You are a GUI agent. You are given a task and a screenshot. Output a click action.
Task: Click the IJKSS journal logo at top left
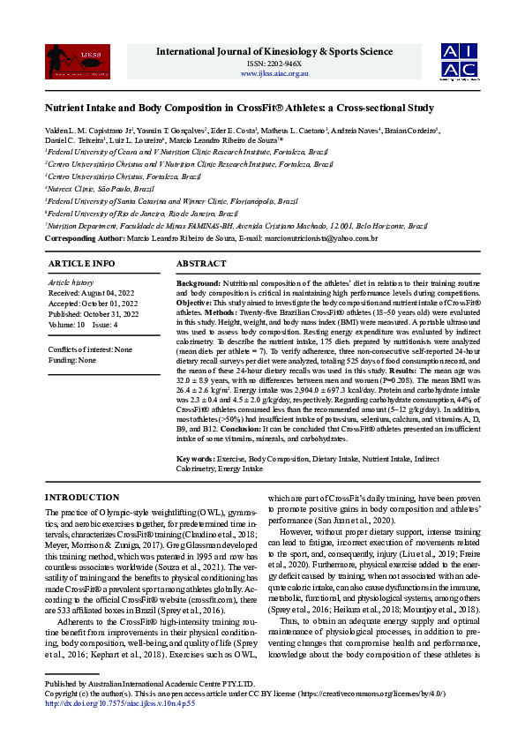coord(65,61)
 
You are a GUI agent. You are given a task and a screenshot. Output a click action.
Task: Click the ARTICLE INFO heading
coord(81,264)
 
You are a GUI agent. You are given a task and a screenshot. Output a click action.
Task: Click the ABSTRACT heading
coord(201,264)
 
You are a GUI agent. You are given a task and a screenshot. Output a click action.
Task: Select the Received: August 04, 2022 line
coord(93,292)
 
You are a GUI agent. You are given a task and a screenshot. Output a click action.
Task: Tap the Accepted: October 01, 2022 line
coord(93,303)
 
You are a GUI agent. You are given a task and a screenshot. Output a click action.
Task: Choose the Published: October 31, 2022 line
coord(93,313)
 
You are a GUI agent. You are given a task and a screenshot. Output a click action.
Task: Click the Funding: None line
coord(72,360)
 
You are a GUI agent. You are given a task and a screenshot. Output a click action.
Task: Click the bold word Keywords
coord(195,459)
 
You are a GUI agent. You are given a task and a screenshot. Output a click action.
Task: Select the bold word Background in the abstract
coord(198,281)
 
